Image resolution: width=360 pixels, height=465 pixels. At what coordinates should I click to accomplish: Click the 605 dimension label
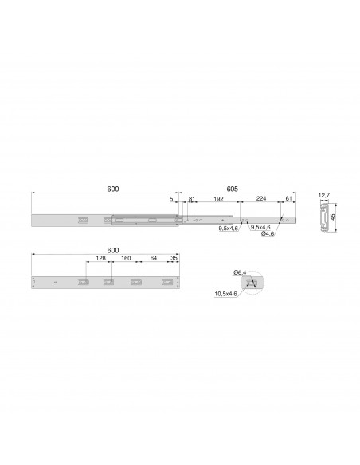[233, 189]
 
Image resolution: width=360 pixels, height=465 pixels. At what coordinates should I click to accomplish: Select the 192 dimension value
[218, 199]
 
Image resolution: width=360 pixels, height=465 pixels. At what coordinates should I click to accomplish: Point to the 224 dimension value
[261, 198]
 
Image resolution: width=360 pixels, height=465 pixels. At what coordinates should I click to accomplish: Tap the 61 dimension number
[288, 198]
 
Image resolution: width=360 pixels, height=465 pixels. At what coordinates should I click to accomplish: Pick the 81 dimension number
[192, 199]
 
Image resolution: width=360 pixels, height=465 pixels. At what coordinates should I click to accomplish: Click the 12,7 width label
[324, 195]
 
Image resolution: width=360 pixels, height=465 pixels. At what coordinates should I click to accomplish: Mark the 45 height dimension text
[333, 217]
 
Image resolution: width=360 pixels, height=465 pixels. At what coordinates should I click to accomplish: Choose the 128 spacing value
[101, 258]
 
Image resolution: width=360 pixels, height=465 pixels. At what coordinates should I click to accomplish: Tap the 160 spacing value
[126, 258]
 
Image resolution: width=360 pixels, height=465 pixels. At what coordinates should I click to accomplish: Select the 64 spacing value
[153, 258]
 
